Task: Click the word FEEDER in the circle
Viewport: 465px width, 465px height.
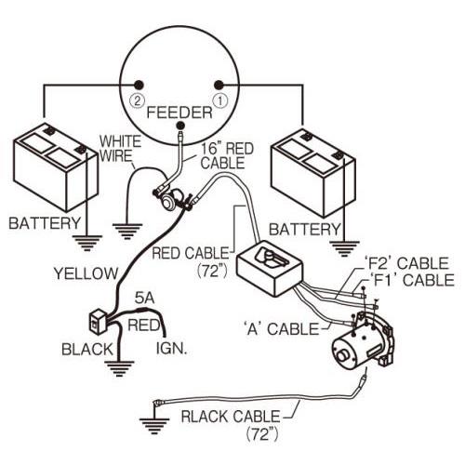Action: (179, 113)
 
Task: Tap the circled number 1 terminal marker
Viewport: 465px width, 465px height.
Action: (219, 100)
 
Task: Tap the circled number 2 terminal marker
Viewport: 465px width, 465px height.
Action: (138, 100)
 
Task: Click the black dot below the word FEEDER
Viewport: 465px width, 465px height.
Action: (180, 126)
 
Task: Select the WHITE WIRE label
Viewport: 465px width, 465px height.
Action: (120, 149)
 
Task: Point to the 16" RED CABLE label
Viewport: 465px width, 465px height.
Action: (227, 156)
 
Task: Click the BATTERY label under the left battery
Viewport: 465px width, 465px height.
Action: (45, 223)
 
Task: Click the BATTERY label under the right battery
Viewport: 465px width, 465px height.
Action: (305, 230)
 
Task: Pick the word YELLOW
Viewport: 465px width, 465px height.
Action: (86, 273)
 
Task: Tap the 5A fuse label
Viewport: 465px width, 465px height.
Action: (144, 299)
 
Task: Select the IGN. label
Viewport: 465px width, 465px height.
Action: (171, 349)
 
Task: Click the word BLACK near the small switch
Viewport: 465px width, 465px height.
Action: (87, 350)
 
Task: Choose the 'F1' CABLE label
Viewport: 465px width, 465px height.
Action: (411, 280)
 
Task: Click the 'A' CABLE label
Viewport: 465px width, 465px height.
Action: (281, 328)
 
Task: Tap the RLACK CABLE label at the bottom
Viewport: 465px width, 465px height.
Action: (231, 417)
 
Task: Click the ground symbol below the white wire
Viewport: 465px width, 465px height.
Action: (127, 232)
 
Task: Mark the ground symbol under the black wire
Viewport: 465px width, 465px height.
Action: (119, 368)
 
